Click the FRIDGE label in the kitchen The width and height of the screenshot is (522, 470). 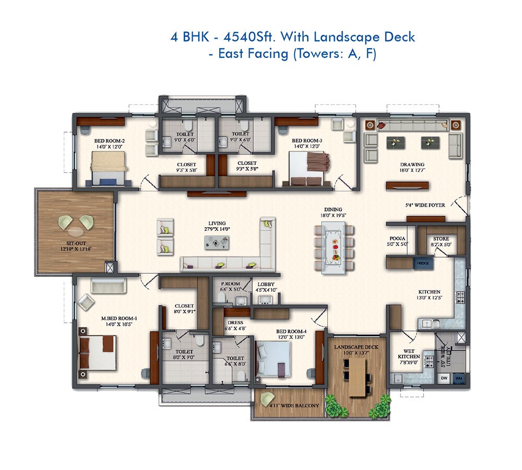[x=423, y=263]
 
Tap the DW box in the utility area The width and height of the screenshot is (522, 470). [x=444, y=377]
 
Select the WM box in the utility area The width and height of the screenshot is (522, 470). [x=458, y=377]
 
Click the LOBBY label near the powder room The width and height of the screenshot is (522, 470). [x=266, y=285]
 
